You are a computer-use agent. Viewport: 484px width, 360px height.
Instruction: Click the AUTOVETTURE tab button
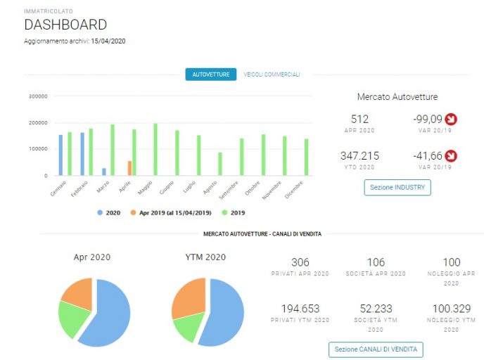(x=211, y=75)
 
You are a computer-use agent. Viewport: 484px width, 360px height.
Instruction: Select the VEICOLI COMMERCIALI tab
(x=272, y=75)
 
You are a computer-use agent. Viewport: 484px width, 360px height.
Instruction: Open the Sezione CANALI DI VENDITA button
(x=376, y=349)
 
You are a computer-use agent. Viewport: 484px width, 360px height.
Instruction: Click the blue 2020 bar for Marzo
(x=104, y=172)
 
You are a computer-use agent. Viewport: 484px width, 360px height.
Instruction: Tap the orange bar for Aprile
(x=129, y=168)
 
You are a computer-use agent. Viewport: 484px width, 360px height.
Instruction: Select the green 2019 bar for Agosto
(x=220, y=164)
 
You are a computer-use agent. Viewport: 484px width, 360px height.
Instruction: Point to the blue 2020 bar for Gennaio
(x=60, y=155)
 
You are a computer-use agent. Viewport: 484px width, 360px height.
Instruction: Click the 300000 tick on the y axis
(x=38, y=96)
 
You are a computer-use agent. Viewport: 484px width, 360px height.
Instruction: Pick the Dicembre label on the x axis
(x=293, y=190)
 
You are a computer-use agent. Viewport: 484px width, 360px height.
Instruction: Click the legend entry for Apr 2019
(x=171, y=213)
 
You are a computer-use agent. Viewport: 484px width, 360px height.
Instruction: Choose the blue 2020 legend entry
(x=108, y=213)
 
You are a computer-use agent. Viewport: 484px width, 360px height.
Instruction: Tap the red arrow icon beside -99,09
(x=451, y=119)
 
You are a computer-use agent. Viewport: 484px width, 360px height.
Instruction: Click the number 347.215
(x=359, y=156)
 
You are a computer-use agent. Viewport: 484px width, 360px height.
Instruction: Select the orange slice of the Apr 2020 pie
(x=77, y=294)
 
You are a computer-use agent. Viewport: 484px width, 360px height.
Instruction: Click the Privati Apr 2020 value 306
(x=300, y=262)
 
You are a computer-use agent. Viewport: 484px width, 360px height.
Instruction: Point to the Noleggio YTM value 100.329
(x=452, y=309)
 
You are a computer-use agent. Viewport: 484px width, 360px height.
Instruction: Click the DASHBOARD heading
(x=65, y=25)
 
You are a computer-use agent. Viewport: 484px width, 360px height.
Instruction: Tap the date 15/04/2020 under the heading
(x=108, y=41)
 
